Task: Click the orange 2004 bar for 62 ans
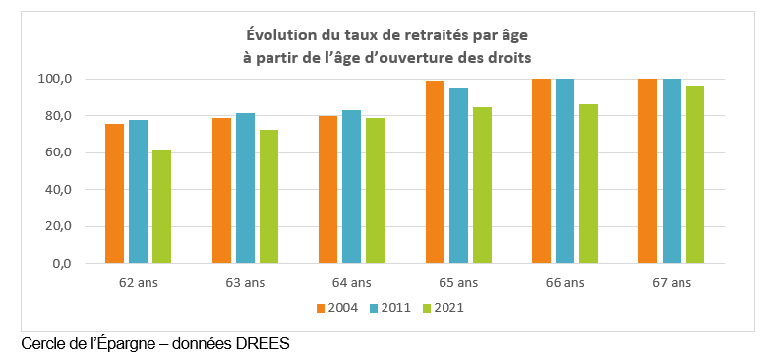coord(115,194)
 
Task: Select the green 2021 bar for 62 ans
coord(161,207)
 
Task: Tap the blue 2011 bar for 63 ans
coord(244,188)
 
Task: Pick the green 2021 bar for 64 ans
coord(374,191)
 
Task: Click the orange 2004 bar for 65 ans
coord(435,172)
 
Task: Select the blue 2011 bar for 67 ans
coord(671,171)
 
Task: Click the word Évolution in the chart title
coord(269,36)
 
